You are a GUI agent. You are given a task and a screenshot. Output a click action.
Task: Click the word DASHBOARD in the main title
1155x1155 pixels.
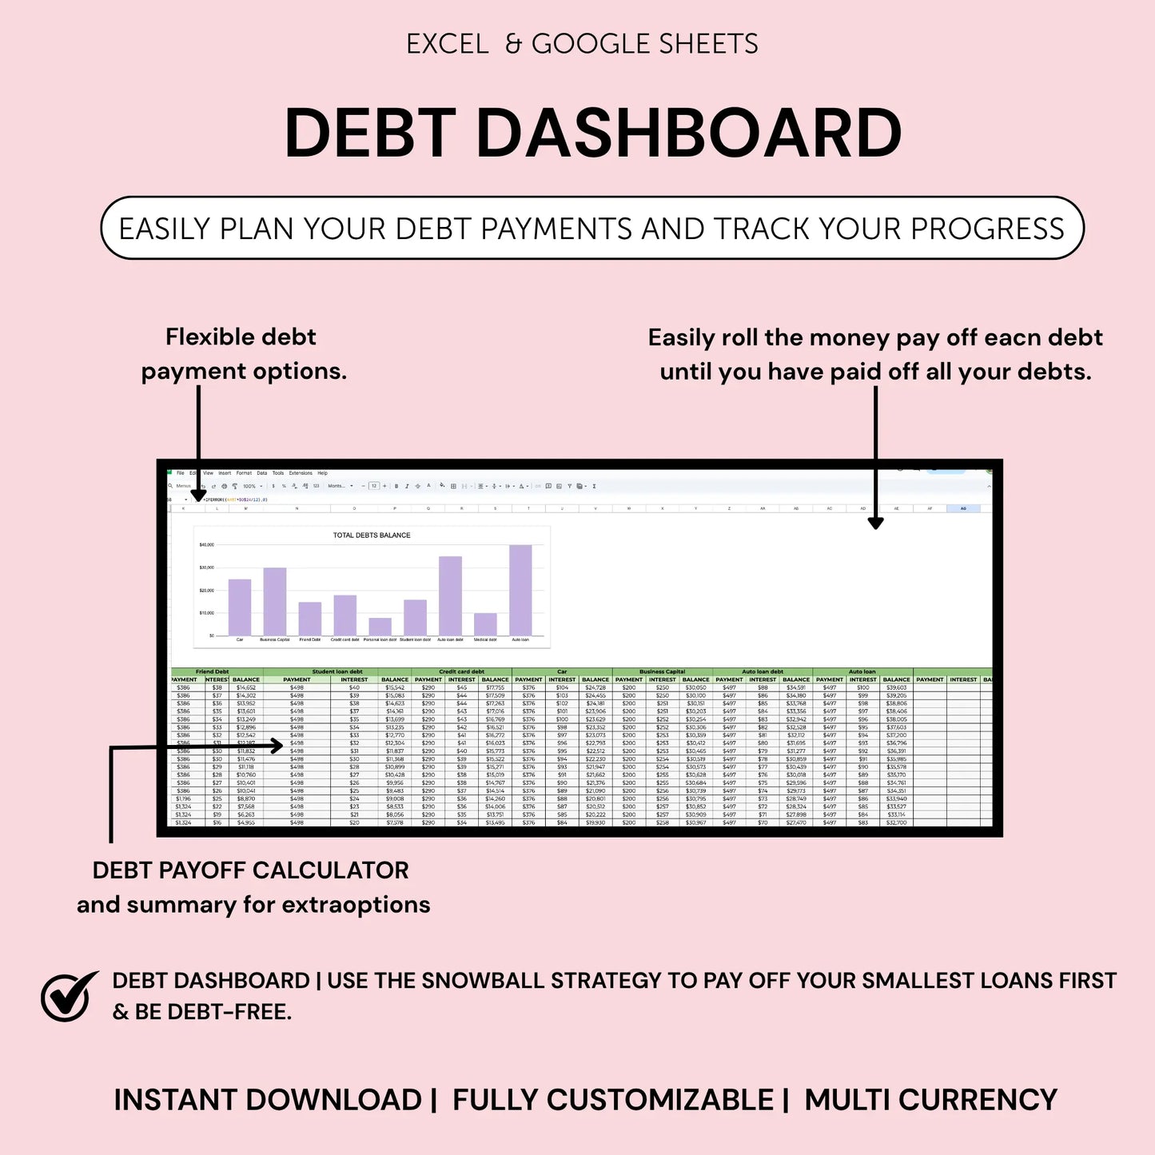tap(689, 133)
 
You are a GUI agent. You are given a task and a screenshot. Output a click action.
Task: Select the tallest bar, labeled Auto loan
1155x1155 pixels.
tap(520, 590)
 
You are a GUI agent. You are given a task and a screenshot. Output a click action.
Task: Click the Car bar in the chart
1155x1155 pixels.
tap(240, 607)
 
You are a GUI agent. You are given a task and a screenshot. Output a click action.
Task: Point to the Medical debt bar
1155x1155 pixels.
tap(485, 623)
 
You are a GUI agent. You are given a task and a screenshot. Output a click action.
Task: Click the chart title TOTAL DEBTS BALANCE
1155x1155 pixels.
tap(372, 536)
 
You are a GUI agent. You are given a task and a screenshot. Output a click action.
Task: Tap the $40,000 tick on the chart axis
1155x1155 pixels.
tap(206, 545)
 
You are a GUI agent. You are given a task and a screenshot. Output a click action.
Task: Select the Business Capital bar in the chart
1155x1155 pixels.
tap(275, 601)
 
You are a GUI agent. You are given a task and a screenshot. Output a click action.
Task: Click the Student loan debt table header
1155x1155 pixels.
tap(337, 671)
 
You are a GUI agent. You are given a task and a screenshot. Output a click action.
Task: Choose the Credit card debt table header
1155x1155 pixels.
tap(461, 671)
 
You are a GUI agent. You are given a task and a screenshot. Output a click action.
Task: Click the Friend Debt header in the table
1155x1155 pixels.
tap(212, 671)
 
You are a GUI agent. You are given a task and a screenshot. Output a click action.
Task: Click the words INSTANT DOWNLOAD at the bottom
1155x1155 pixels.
tap(268, 1100)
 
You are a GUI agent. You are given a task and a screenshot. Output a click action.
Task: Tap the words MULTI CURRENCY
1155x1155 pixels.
tap(930, 1100)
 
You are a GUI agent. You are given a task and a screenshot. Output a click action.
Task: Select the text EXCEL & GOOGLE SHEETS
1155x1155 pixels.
tap(582, 44)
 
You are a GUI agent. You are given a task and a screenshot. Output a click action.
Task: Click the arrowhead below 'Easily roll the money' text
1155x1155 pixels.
tap(876, 523)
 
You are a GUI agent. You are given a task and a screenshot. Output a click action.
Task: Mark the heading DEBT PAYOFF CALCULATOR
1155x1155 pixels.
tap(250, 870)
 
